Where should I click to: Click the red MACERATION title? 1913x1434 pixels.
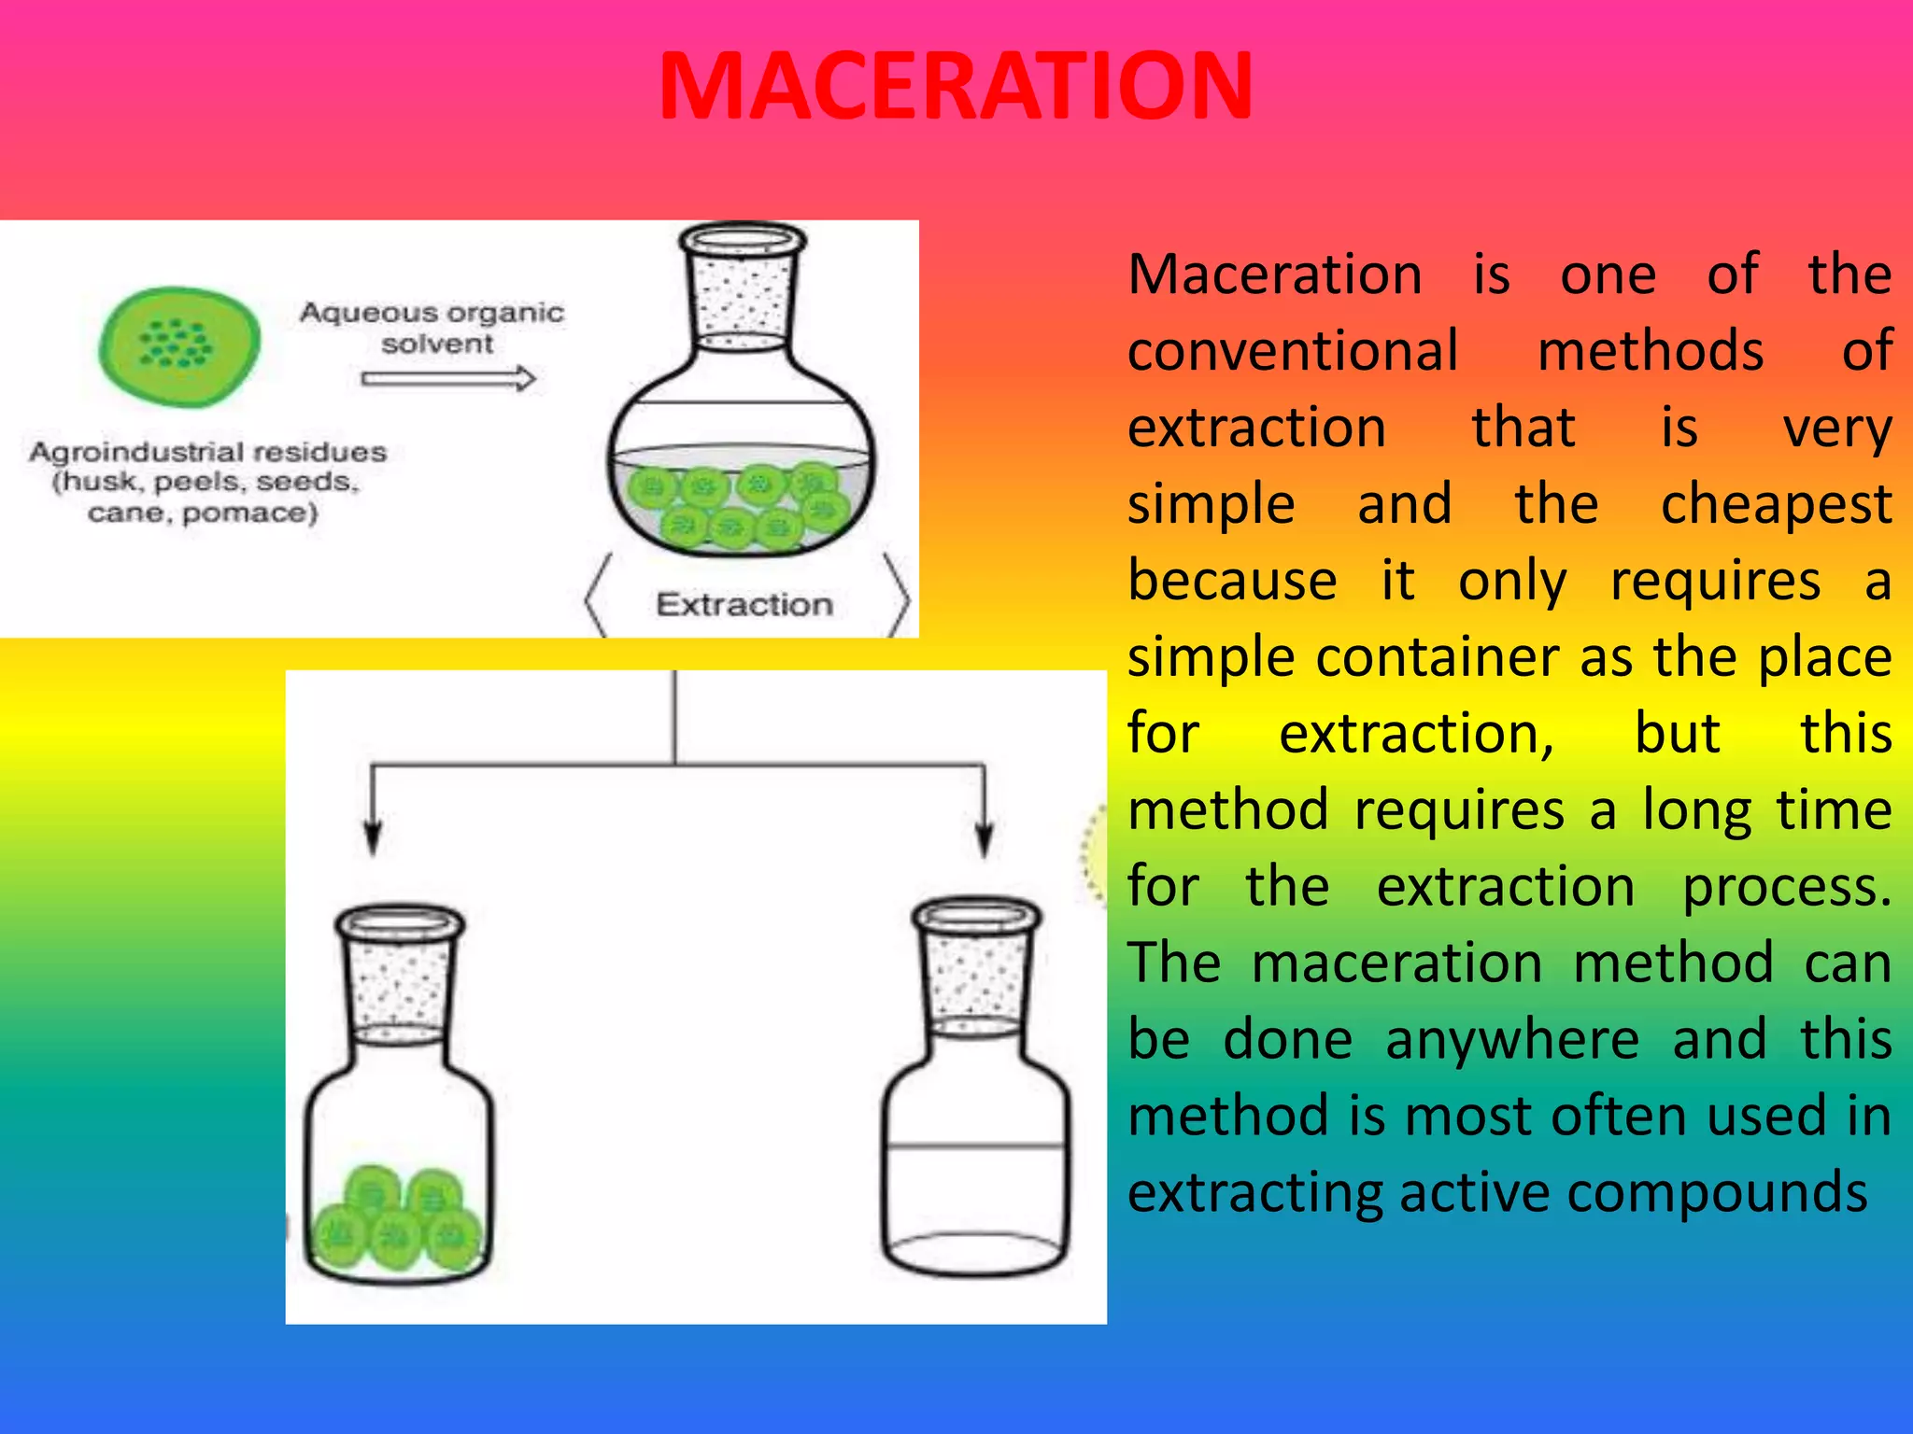point(955,86)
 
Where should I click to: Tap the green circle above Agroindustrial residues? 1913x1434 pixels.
point(180,346)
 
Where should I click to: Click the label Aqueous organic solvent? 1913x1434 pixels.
point(432,327)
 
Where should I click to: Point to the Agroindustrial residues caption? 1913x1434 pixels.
point(206,482)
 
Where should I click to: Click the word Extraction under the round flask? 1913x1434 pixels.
point(744,605)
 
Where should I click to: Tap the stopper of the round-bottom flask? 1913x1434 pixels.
point(743,285)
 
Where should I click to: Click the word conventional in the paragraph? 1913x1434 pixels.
point(1293,351)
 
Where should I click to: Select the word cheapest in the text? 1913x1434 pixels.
point(1776,504)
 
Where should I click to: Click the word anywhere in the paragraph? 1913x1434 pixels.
point(1511,1040)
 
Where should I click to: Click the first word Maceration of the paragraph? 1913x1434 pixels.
point(1275,274)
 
